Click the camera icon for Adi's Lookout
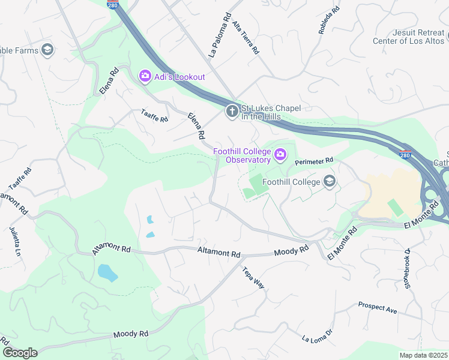[x=145, y=76]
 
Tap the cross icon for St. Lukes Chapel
[x=232, y=112]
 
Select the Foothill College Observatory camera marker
[x=280, y=156]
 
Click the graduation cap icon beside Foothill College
[x=328, y=181]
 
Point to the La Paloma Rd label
[x=219, y=36]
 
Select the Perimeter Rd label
[x=313, y=161]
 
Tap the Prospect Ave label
[x=378, y=308]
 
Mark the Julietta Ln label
[x=15, y=241]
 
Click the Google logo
[x=19, y=353]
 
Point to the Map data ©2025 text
[x=423, y=355]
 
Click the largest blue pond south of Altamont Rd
[x=107, y=273]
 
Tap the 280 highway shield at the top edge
[x=113, y=5]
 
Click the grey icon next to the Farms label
[x=47, y=50]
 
